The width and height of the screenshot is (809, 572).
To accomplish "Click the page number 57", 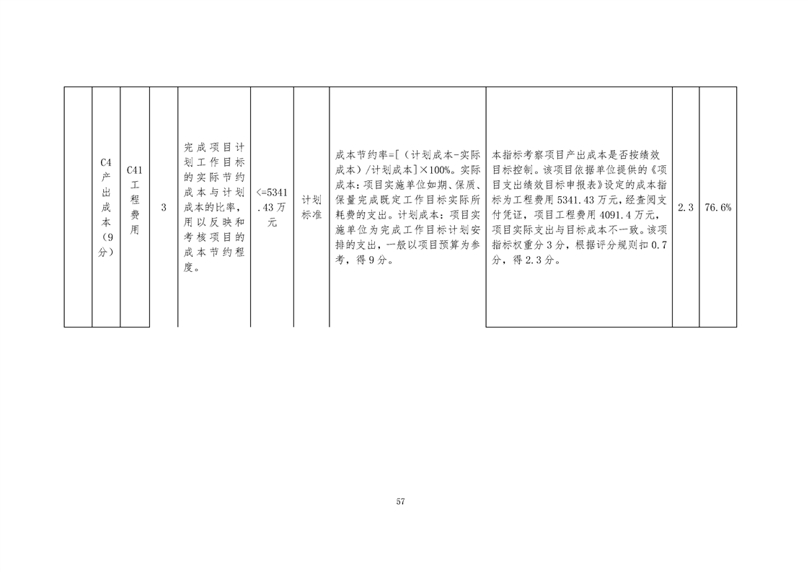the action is point(400,502).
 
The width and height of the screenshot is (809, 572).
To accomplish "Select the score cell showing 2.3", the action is point(685,208).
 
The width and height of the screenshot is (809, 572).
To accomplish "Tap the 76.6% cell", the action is point(717,208).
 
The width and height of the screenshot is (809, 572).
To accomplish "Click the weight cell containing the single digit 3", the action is point(164,208).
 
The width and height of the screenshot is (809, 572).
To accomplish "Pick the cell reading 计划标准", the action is point(311,208).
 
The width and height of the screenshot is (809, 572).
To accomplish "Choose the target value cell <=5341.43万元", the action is point(272,208).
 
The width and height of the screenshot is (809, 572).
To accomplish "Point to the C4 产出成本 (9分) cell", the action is point(106,208).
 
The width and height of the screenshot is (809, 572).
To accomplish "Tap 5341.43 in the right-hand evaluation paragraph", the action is point(576,200).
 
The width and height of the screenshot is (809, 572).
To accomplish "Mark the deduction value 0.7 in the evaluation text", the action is point(658,245).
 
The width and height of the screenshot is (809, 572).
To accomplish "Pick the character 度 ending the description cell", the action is point(188,268).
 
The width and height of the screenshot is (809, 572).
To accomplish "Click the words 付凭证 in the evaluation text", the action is point(507,215).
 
